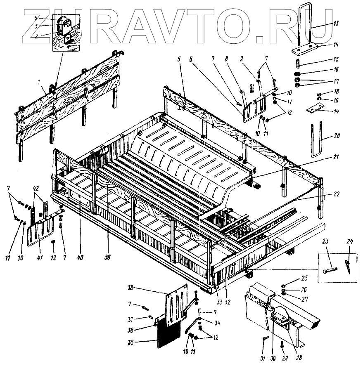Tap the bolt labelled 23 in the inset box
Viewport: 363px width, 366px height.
[328, 270]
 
